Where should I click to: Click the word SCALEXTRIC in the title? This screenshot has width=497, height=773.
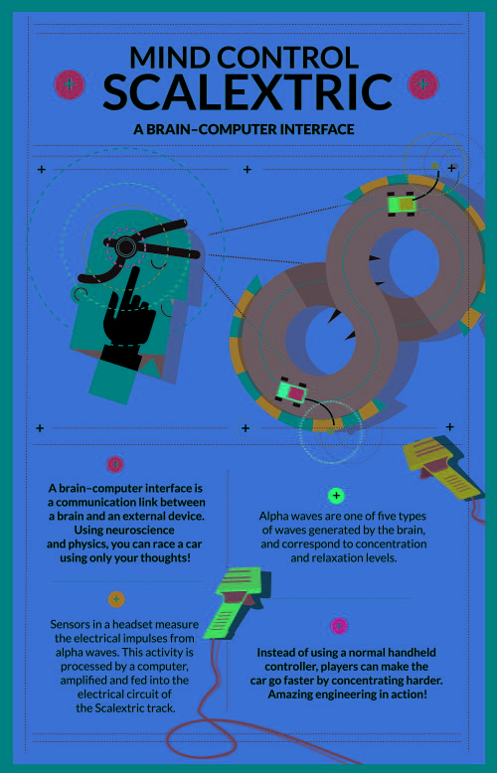click(x=248, y=92)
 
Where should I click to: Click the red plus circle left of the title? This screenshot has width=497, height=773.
click(x=70, y=84)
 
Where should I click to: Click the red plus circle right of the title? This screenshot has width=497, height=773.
click(x=423, y=84)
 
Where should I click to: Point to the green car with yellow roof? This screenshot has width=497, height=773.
click(x=402, y=203)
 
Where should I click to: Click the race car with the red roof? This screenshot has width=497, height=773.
click(x=292, y=391)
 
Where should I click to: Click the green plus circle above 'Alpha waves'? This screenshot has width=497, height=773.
click(x=336, y=496)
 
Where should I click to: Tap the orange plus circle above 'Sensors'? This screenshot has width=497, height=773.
click(x=116, y=599)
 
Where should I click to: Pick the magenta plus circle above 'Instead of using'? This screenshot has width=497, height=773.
click(x=339, y=626)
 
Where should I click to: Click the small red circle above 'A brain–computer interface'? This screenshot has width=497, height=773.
click(x=115, y=464)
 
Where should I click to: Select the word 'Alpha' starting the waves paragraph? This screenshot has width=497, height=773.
click(x=271, y=516)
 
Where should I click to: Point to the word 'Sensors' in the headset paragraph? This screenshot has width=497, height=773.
click(x=68, y=624)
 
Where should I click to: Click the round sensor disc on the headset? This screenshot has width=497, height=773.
click(x=126, y=245)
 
